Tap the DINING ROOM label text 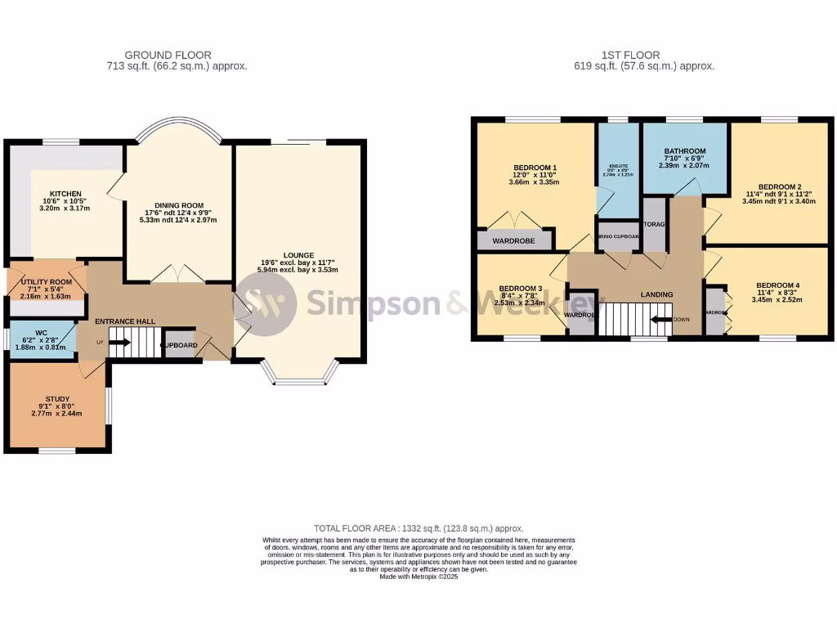[179, 205]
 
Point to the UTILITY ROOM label [47, 282]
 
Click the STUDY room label [58, 400]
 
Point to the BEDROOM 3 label [521, 288]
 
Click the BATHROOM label [684, 151]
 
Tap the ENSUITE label [618, 161]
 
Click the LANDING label [656, 294]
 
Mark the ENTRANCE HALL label [125, 321]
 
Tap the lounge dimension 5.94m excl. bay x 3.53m [298, 269]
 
